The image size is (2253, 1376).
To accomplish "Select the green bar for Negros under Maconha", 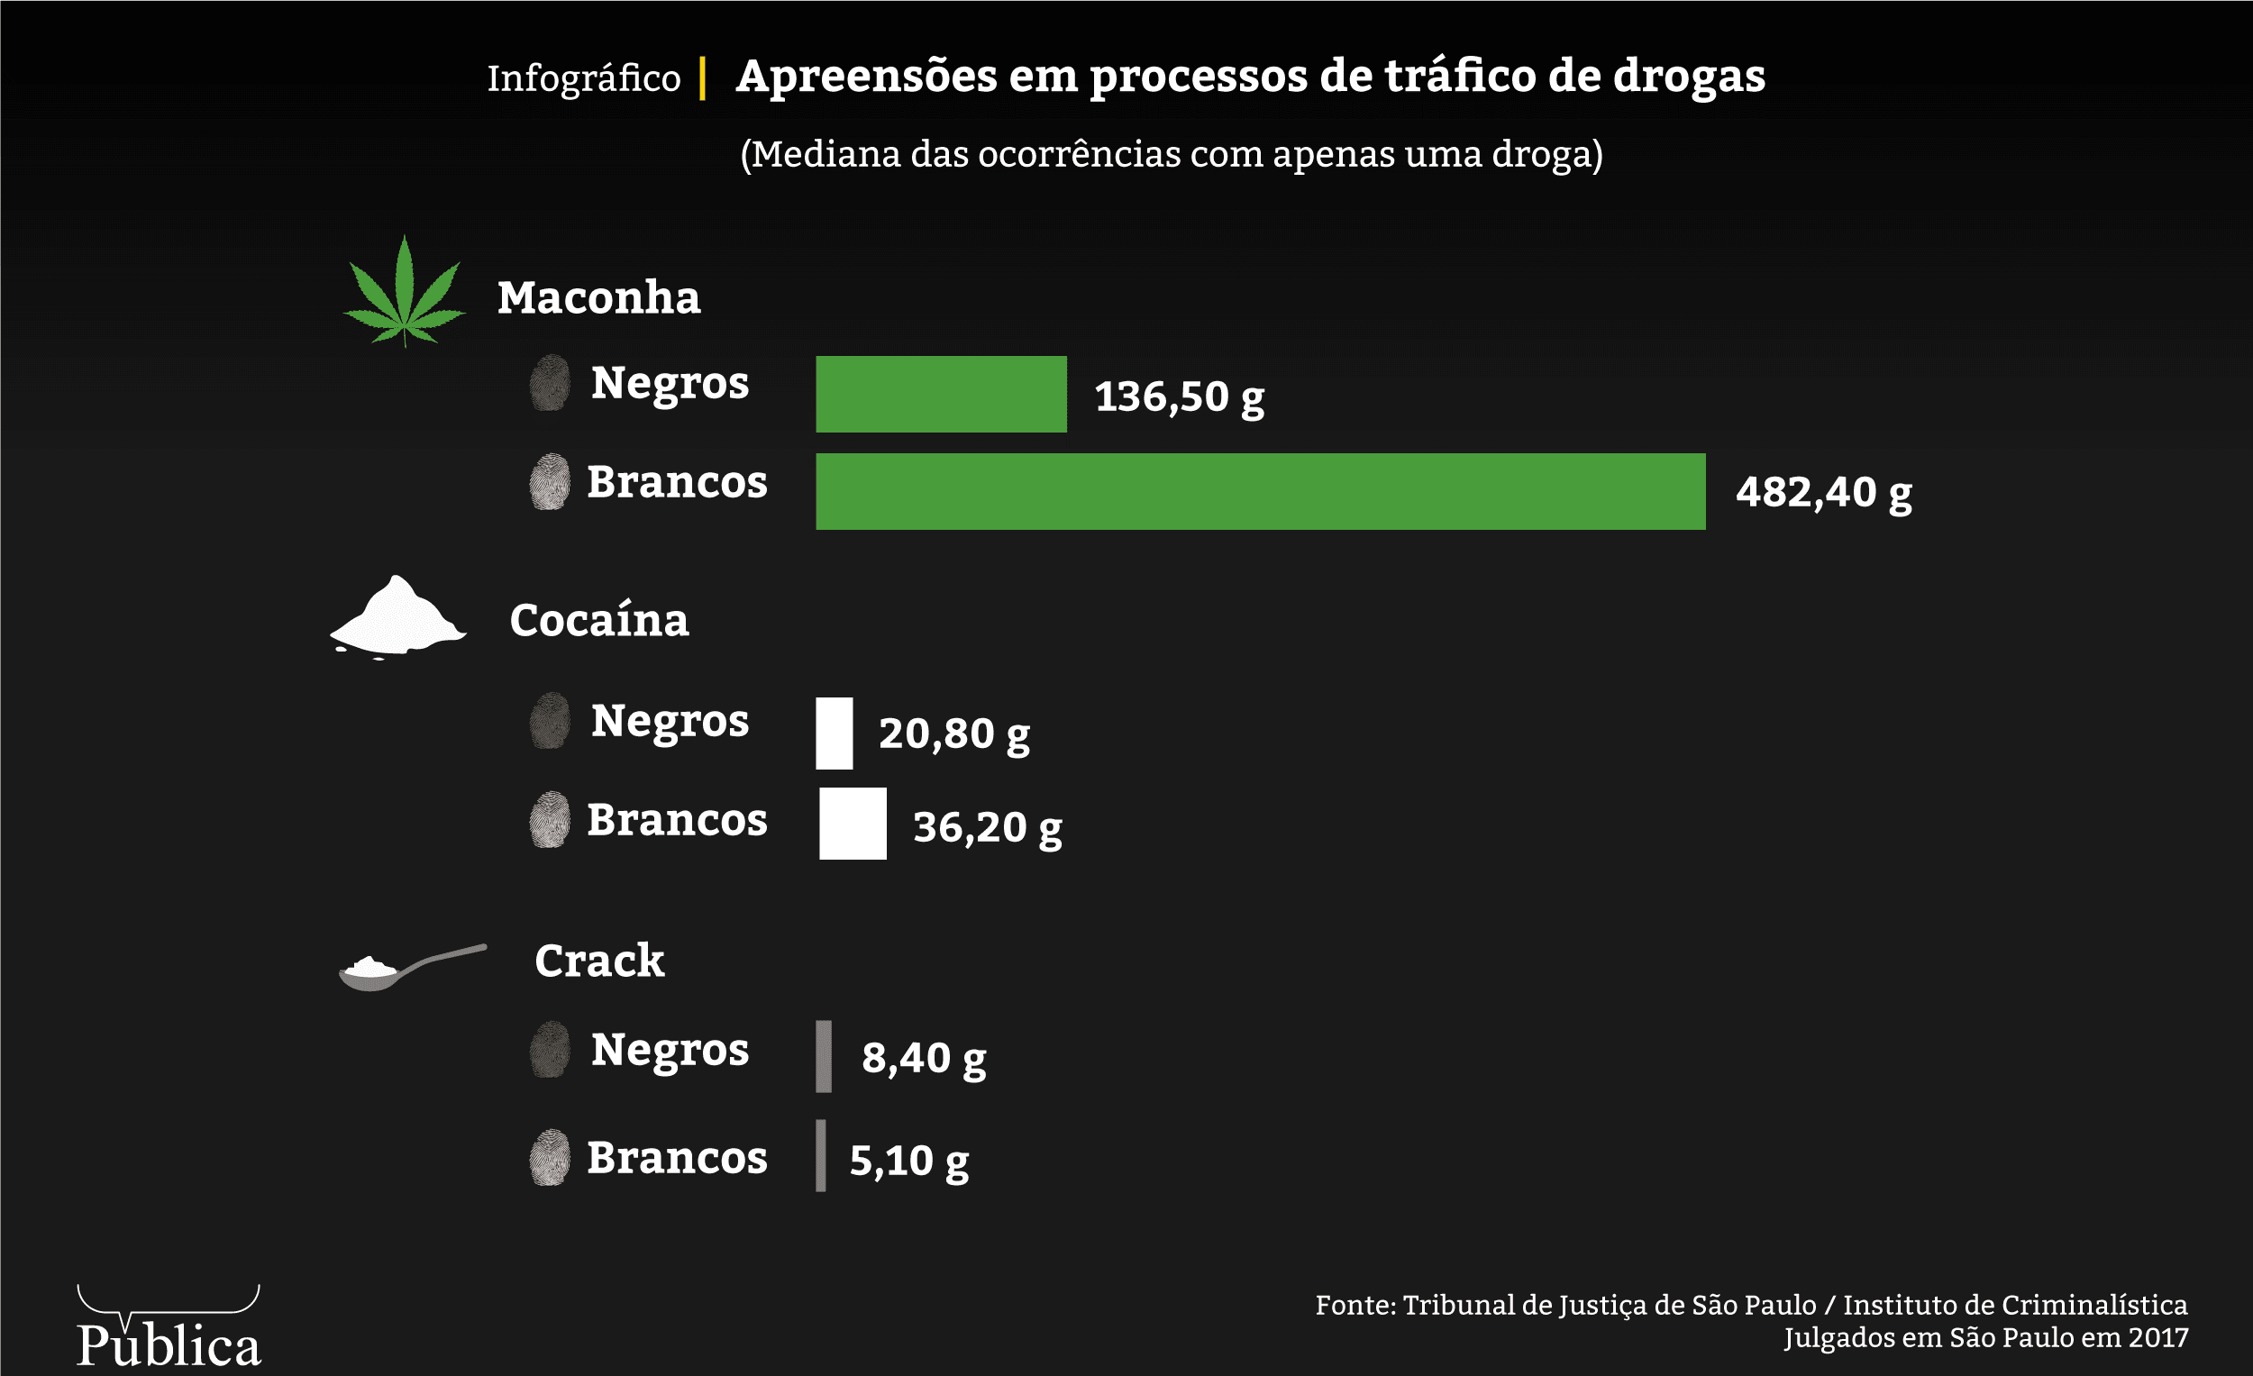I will point(941,394).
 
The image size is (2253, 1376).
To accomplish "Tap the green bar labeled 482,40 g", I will point(1260,492).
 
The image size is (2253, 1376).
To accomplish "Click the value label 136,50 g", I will point(1179,396).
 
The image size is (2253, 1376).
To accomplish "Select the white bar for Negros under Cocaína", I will point(834,734).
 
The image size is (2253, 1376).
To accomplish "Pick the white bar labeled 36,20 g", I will point(853,824).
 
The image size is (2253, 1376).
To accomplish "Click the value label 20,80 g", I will point(953,734).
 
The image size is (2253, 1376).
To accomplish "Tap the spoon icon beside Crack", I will point(411,967).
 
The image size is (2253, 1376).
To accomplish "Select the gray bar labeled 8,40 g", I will point(824,1056).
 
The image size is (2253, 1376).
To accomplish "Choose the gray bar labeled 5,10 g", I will point(821,1155).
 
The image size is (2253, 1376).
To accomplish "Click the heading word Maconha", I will point(599,298).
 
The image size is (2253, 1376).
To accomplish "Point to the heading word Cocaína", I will point(599,620).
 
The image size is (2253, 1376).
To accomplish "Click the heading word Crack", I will point(599,961).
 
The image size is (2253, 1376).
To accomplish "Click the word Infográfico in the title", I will point(583,78).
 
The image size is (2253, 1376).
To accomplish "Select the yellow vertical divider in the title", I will point(702,77).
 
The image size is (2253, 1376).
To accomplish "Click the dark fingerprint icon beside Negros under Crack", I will point(550,1050).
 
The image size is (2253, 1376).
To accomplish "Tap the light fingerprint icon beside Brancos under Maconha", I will point(550,482).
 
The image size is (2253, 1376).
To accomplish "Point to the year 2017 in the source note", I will point(2157,1337).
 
